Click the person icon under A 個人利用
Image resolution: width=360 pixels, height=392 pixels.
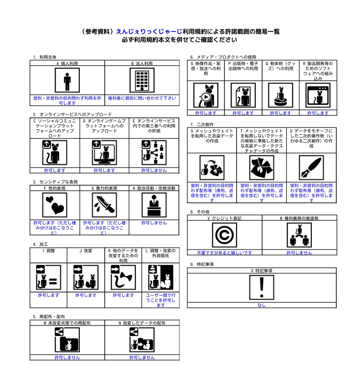[67, 80]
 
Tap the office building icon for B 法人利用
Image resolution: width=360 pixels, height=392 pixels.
[142, 80]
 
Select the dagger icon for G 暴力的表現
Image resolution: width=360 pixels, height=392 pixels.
[104, 205]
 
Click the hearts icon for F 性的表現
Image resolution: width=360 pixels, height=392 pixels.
[55, 205]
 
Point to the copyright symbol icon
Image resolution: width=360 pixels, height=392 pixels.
[224, 235]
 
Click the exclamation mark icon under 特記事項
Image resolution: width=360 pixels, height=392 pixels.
[262, 287]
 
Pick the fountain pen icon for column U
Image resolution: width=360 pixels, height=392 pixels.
[311, 168]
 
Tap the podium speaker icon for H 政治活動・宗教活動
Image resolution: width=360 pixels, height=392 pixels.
[154, 205]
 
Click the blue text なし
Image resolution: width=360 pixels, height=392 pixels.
[262, 305]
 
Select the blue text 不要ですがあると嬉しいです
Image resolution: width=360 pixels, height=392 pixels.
[224, 253]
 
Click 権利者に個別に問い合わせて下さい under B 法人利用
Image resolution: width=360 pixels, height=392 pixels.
[142, 98]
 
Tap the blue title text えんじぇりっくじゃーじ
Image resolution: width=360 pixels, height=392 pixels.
[149, 31]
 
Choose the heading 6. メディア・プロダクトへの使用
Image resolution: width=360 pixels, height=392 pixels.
[223, 57]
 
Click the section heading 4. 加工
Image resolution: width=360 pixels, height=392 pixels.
[40, 244]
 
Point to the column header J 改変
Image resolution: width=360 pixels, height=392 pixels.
[86, 250]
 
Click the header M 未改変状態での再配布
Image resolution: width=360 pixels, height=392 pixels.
[67, 323]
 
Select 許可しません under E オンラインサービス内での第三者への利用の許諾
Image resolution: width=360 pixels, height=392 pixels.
[154, 170]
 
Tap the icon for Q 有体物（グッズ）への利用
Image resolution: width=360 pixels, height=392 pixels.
[280, 95]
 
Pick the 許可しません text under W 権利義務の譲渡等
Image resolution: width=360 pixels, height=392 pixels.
[299, 253]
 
